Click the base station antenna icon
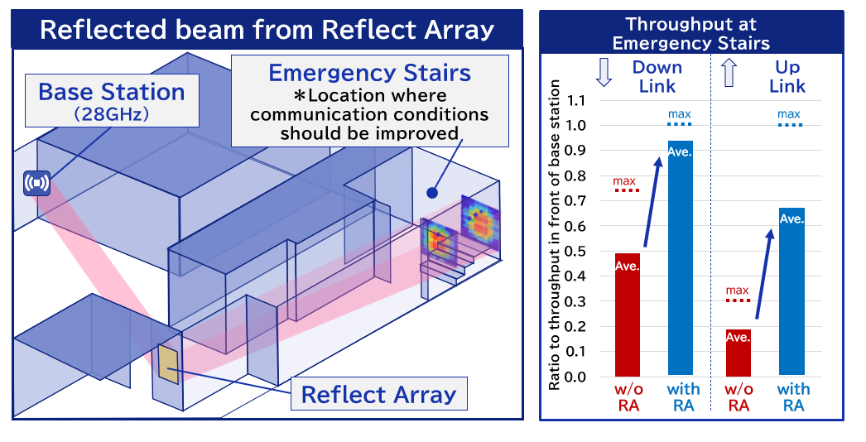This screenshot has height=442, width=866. [37, 182]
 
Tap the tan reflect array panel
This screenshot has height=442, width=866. [168, 364]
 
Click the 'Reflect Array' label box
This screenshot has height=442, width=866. [378, 394]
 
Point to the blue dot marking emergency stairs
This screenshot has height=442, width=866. [431, 193]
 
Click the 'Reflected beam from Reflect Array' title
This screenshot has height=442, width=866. [267, 30]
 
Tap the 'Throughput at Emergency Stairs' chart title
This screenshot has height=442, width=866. [690, 33]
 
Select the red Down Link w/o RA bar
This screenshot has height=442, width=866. [627, 315]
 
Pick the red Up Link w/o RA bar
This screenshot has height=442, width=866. [738, 353]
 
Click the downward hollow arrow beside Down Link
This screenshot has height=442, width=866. [604, 73]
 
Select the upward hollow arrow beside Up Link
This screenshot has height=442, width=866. [729, 73]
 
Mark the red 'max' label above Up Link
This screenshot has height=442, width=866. [737, 291]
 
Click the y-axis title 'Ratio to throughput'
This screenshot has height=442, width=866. [556, 236]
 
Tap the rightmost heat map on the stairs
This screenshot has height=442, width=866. [479, 223]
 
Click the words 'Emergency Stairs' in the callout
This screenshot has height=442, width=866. [369, 73]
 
